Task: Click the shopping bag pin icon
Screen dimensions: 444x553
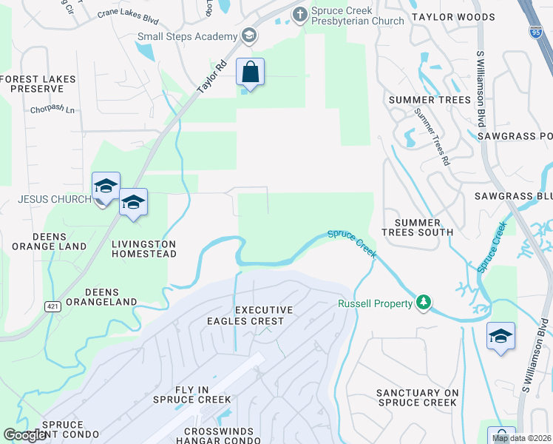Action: (x=251, y=73)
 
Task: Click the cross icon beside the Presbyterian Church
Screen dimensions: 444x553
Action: (x=300, y=13)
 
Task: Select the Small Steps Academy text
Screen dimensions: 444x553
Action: (x=189, y=36)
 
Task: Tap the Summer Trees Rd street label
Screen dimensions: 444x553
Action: (x=432, y=136)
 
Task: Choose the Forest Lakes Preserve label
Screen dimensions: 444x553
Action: (x=32, y=83)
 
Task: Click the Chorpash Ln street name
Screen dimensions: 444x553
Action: (x=53, y=110)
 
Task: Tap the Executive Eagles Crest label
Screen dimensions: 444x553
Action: (x=264, y=315)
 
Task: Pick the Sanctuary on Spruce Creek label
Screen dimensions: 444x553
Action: (x=418, y=397)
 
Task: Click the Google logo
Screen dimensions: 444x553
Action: (x=25, y=435)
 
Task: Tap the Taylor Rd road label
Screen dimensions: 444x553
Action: (x=211, y=77)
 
